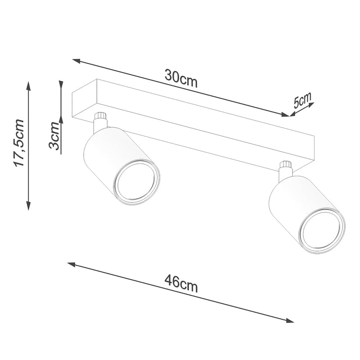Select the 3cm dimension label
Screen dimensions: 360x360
[55, 137]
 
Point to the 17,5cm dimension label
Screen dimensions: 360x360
[19, 143]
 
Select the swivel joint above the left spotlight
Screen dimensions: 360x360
[101, 119]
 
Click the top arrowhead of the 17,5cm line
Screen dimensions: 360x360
[29, 85]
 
